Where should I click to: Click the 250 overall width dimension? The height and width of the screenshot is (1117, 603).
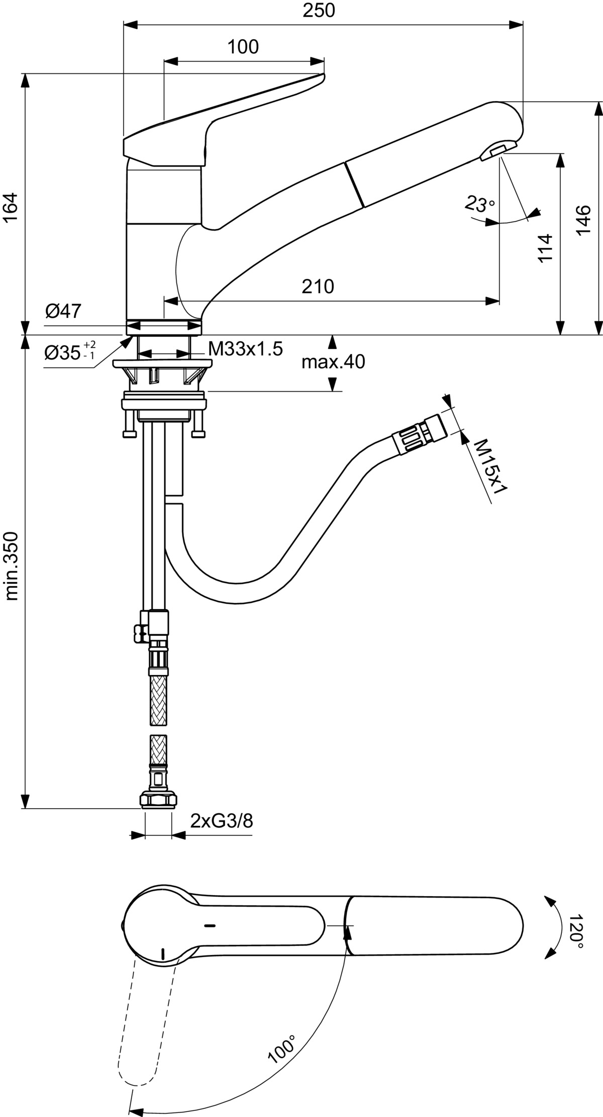(319, 10)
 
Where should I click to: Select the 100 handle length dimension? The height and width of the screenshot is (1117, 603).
(243, 47)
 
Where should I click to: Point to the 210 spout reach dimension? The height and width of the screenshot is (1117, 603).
(318, 286)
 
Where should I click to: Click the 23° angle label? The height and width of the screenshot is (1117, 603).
(479, 204)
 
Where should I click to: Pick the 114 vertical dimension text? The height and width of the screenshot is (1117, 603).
(545, 247)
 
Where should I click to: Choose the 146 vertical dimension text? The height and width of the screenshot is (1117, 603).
(583, 219)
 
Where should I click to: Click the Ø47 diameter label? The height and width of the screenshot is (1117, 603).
(63, 311)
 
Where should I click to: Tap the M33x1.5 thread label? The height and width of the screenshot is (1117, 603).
(246, 349)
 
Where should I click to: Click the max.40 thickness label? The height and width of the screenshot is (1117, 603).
(333, 361)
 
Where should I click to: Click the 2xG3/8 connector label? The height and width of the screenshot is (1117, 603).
(222, 821)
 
